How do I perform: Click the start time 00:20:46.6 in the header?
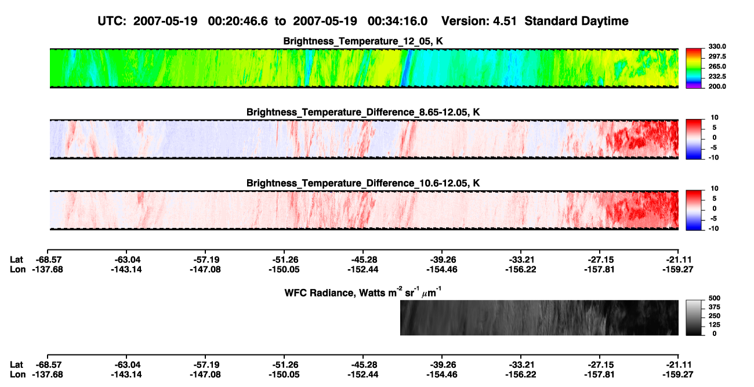(x=238, y=21)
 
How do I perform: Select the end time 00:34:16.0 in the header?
(x=397, y=21)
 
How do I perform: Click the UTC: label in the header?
(x=112, y=21)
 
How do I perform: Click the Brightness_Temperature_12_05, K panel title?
(x=363, y=41)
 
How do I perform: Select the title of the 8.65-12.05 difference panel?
(x=363, y=112)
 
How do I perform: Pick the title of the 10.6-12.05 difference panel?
(x=363, y=183)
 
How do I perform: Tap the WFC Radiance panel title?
(x=363, y=292)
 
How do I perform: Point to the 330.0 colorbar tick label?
(x=717, y=46)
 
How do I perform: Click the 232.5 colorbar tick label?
(x=717, y=77)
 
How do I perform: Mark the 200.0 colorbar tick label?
(x=717, y=86)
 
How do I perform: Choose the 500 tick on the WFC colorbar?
(x=715, y=298)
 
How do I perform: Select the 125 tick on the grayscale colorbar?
(x=715, y=325)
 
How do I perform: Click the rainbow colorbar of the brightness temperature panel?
(x=694, y=68)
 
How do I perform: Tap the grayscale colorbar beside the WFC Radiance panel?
(x=694, y=317)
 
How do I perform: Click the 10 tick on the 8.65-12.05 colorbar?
(x=715, y=118)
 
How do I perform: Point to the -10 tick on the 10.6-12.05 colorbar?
(x=713, y=229)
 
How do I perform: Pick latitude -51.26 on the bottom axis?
(x=284, y=365)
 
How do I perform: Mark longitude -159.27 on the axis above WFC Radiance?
(x=678, y=270)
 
